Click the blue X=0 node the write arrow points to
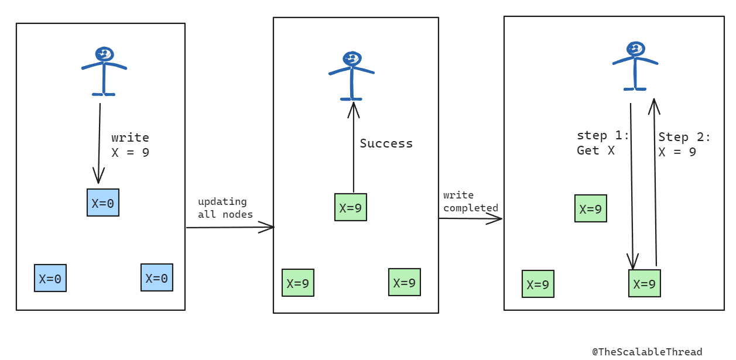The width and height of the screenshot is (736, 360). tap(103, 203)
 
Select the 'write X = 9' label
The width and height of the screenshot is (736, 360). tap(130, 145)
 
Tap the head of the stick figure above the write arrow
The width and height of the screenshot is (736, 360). tap(104, 54)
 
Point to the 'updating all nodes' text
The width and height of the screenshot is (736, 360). tap(225, 208)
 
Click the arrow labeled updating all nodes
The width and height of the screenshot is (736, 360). tap(230, 227)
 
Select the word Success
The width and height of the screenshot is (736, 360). tap(386, 143)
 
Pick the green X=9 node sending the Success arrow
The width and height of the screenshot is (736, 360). tap(351, 207)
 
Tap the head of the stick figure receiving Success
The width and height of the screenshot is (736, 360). tap(351, 59)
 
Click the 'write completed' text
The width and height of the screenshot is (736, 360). tap(470, 201)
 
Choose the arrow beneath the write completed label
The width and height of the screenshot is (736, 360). tap(470, 218)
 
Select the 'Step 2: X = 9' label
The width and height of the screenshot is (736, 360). tap(684, 145)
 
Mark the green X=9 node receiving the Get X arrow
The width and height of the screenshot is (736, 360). tap(644, 283)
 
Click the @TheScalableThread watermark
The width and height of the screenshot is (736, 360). tap(647, 351)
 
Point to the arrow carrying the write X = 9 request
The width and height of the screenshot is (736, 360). tap(99, 143)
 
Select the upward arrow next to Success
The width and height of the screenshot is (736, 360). tap(352, 146)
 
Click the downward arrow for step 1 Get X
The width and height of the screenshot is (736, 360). tap(631, 187)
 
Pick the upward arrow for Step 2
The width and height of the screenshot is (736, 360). tap(655, 181)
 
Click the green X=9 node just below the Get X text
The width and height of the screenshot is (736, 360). tap(590, 208)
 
